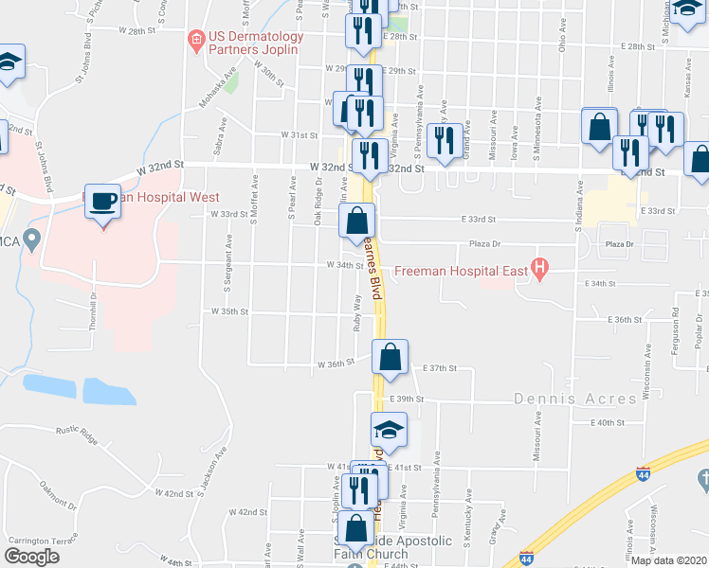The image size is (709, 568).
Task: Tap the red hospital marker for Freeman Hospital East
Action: [540, 270]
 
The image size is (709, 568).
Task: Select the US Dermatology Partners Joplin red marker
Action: [197, 39]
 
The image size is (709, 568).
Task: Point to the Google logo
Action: [31, 557]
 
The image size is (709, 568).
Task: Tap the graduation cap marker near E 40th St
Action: [388, 430]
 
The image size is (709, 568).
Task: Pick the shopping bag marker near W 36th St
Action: [389, 357]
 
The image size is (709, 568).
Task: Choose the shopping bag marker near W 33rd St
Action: [355, 222]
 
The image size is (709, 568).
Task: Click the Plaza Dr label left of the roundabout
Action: [484, 244]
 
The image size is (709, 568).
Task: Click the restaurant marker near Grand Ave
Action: [443, 140]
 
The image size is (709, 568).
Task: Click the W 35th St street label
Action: [230, 311]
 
